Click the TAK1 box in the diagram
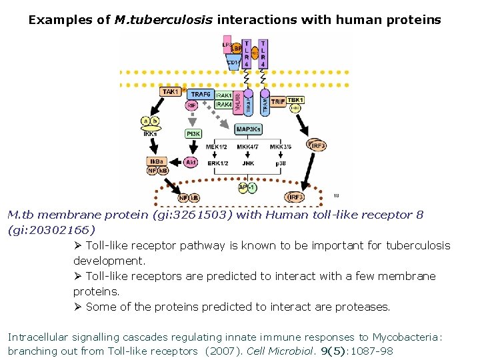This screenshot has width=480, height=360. (x=171, y=92)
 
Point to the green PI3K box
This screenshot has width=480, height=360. (x=193, y=134)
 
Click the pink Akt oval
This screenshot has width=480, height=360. (x=191, y=162)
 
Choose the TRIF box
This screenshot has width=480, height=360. (x=277, y=100)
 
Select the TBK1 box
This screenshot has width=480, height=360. (x=295, y=100)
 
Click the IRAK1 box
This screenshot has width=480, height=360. (x=224, y=95)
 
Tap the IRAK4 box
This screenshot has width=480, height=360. (x=224, y=104)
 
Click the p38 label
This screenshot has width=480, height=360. (x=281, y=163)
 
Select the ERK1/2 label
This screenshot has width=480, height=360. (x=217, y=163)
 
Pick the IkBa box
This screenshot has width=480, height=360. (x=155, y=161)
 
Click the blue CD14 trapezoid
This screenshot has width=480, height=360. (x=233, y=63)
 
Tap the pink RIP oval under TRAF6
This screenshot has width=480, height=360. (x=191, y=105)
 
